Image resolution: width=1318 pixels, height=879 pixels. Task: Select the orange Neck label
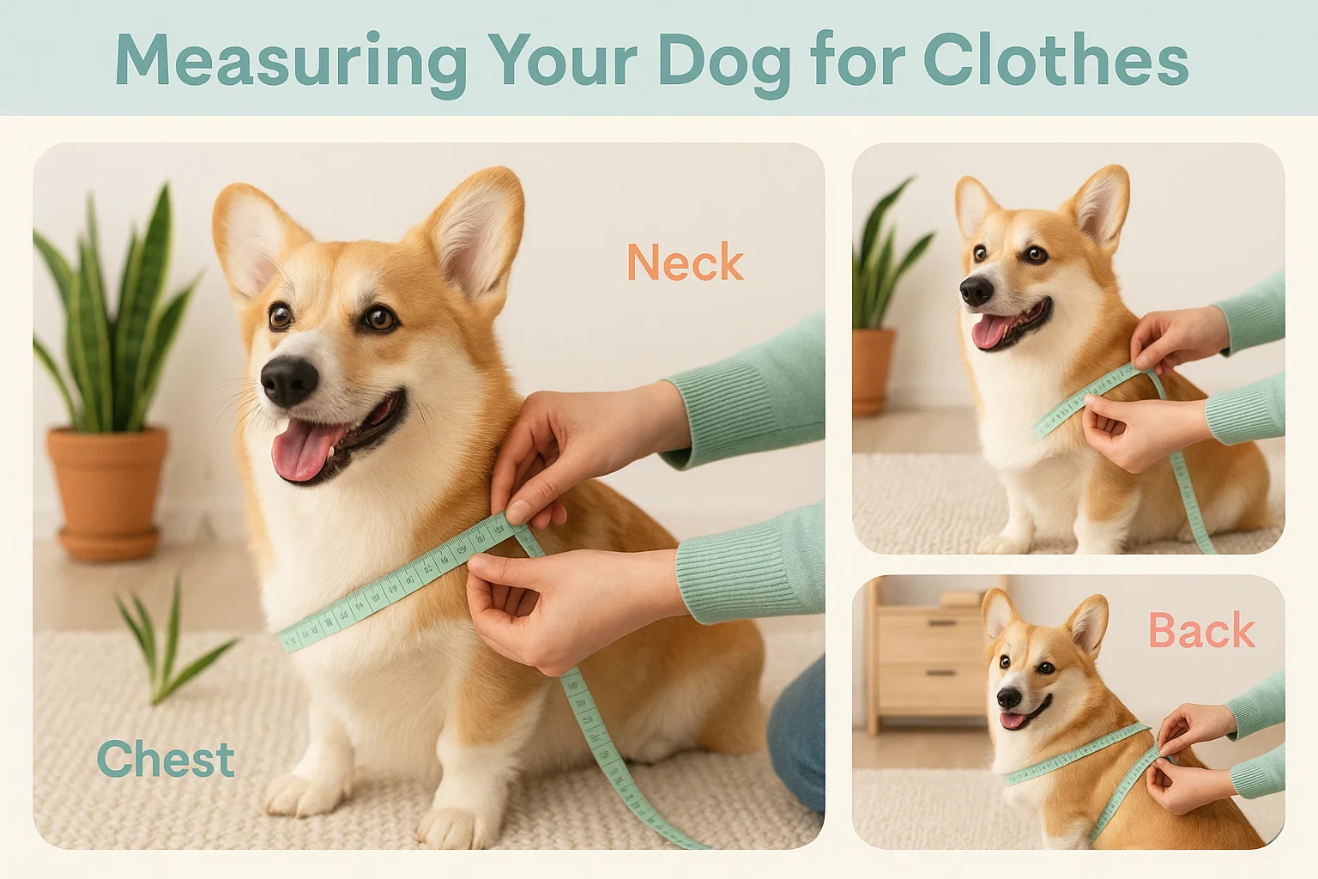685,263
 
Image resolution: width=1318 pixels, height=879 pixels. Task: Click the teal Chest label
166,760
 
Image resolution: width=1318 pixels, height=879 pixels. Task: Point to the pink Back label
1201,632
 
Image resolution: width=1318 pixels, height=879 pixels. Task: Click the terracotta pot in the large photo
107,489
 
